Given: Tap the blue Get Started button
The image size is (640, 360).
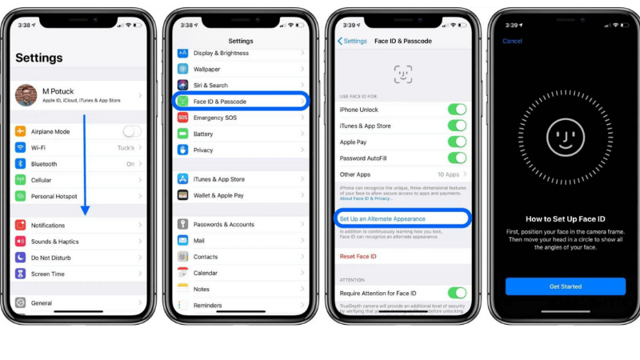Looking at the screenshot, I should [x=565, y=286].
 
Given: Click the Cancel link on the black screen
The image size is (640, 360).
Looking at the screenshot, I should [x=512, y=41].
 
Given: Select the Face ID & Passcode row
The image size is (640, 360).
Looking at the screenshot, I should [x=240, y=102].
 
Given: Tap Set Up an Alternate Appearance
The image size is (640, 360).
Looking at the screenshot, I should [x=382, y=218].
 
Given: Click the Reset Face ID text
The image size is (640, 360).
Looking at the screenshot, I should [x=358, y=256].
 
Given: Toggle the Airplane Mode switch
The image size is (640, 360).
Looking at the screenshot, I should [x=132, y=131].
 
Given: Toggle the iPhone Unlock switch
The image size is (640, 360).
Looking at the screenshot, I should [x=457, y=110].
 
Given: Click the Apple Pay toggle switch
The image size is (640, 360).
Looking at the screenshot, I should [x=457, y=142].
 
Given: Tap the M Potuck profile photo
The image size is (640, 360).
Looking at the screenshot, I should [x=26, y=95].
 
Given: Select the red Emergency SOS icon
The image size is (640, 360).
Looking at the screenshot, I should [x=183, y=118].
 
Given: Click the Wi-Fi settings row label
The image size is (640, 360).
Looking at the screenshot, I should [x=38, y=148].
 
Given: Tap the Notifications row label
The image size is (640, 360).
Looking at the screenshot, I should [x=48, y=226].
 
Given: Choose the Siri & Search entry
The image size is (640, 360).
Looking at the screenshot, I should [x=210, y=86].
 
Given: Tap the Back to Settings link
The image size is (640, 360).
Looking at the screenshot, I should [x=353, y=41].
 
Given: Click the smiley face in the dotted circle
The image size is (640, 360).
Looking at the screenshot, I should [x=566, y=138].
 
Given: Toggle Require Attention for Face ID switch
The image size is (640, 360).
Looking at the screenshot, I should [x=457, y=293].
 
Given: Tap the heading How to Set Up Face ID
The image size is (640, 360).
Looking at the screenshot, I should [x=565, y=218].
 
